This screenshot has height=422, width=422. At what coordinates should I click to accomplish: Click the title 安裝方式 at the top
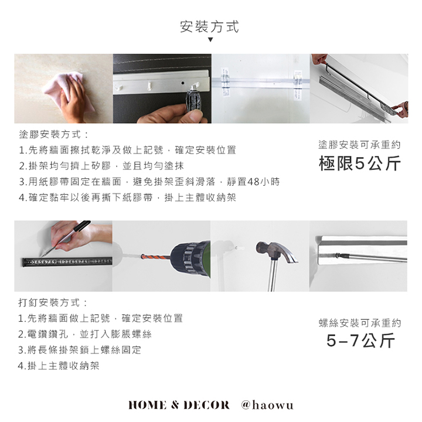(209, 26)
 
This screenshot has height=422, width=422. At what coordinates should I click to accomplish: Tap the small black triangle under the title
(210, 40)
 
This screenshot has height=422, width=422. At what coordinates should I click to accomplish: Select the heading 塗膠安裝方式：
(54, 134)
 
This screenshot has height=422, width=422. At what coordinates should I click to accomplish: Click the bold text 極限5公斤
(359, 164)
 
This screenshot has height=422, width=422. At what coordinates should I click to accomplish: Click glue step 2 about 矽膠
(101, 166)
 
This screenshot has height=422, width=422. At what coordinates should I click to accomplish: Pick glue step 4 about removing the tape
(127, 198)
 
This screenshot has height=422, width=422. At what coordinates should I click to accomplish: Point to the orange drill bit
(155, 257)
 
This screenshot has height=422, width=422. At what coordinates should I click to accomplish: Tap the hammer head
(276, 251)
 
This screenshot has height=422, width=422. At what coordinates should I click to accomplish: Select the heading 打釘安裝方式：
(53, 302)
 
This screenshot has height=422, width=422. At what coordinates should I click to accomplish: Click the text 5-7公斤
(360, 341)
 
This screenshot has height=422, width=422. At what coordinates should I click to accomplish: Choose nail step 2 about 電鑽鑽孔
(85, 334)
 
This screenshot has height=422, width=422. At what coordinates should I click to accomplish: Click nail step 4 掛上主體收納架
(59, 366)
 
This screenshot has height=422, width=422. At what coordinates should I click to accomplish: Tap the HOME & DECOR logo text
(179, 405)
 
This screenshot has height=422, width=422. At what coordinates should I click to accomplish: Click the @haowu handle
(267, 405)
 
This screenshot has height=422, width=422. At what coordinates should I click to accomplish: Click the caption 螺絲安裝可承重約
(360, 323)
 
